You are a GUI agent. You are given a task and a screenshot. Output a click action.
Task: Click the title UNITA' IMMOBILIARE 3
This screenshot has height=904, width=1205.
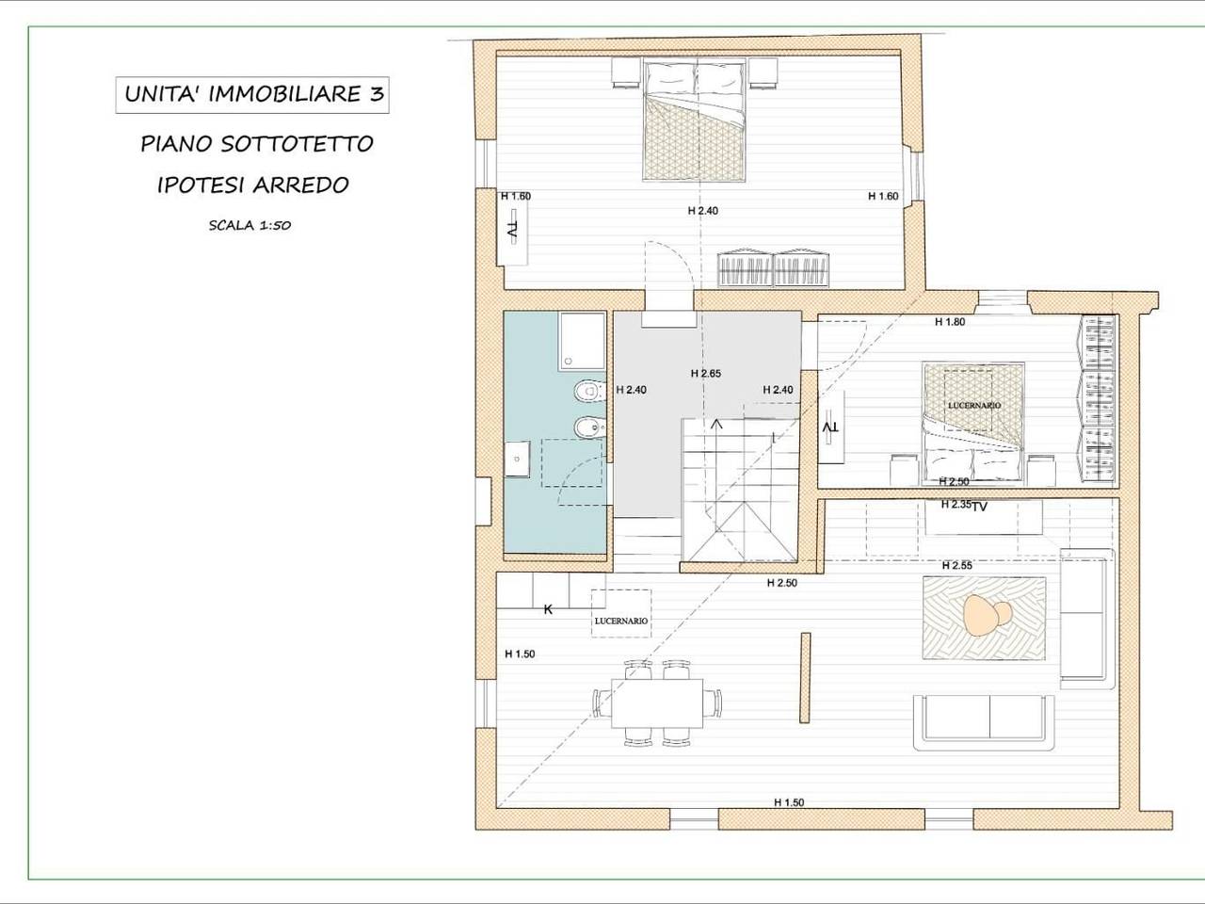pyautogui.click(x=253, y=94)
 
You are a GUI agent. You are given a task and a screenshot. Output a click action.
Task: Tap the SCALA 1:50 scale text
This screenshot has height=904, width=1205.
pyautogui.click(x=249, y=225)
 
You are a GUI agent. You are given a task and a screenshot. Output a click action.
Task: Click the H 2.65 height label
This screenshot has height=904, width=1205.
pyautogui.click(x=705, y=374)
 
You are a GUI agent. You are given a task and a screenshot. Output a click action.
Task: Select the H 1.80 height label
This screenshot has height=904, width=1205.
pyautogui.click(x=950, y=322)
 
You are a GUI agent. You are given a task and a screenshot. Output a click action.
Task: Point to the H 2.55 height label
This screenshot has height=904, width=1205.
pyautogui.click(x=957, y=565)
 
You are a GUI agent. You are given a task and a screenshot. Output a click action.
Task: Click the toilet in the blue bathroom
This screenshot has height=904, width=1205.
pyautogui.click(x=590, y=391)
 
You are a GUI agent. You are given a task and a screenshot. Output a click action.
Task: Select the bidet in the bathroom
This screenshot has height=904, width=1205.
pyautogui.click(x=590, y=428)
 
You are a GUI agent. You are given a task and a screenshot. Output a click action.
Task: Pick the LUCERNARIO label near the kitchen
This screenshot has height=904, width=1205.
pyautogui.click(x=621, y=621)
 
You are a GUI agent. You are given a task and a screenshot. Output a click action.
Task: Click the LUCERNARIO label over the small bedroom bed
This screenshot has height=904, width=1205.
pyautogui.click(x=974, y=405)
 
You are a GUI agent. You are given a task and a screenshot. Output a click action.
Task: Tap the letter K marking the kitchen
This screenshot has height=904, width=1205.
pyautogui.click(x=548, y=609)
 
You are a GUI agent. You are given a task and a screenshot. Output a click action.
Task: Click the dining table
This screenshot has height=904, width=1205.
pyautogui.click(x=656, y=703)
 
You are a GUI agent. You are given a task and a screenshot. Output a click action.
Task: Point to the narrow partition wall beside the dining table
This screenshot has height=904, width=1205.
pyautogui.click(x=805, y=677)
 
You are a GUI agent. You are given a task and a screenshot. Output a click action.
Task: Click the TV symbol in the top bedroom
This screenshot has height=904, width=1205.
pyautogui.click(x=512, y=231)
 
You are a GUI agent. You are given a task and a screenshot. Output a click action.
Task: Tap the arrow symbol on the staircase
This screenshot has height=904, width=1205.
pyautogui.click(x=717, y=424)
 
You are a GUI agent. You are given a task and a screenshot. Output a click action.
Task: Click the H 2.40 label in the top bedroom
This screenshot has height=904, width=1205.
pyautogui.click(x=702, y=211)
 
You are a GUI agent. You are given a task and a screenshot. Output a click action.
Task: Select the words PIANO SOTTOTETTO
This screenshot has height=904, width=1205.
pyautogui.click(x=257, y=144)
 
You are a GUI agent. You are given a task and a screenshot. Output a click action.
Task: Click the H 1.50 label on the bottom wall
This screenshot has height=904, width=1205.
pyautogui.click(x=789, y=802)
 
